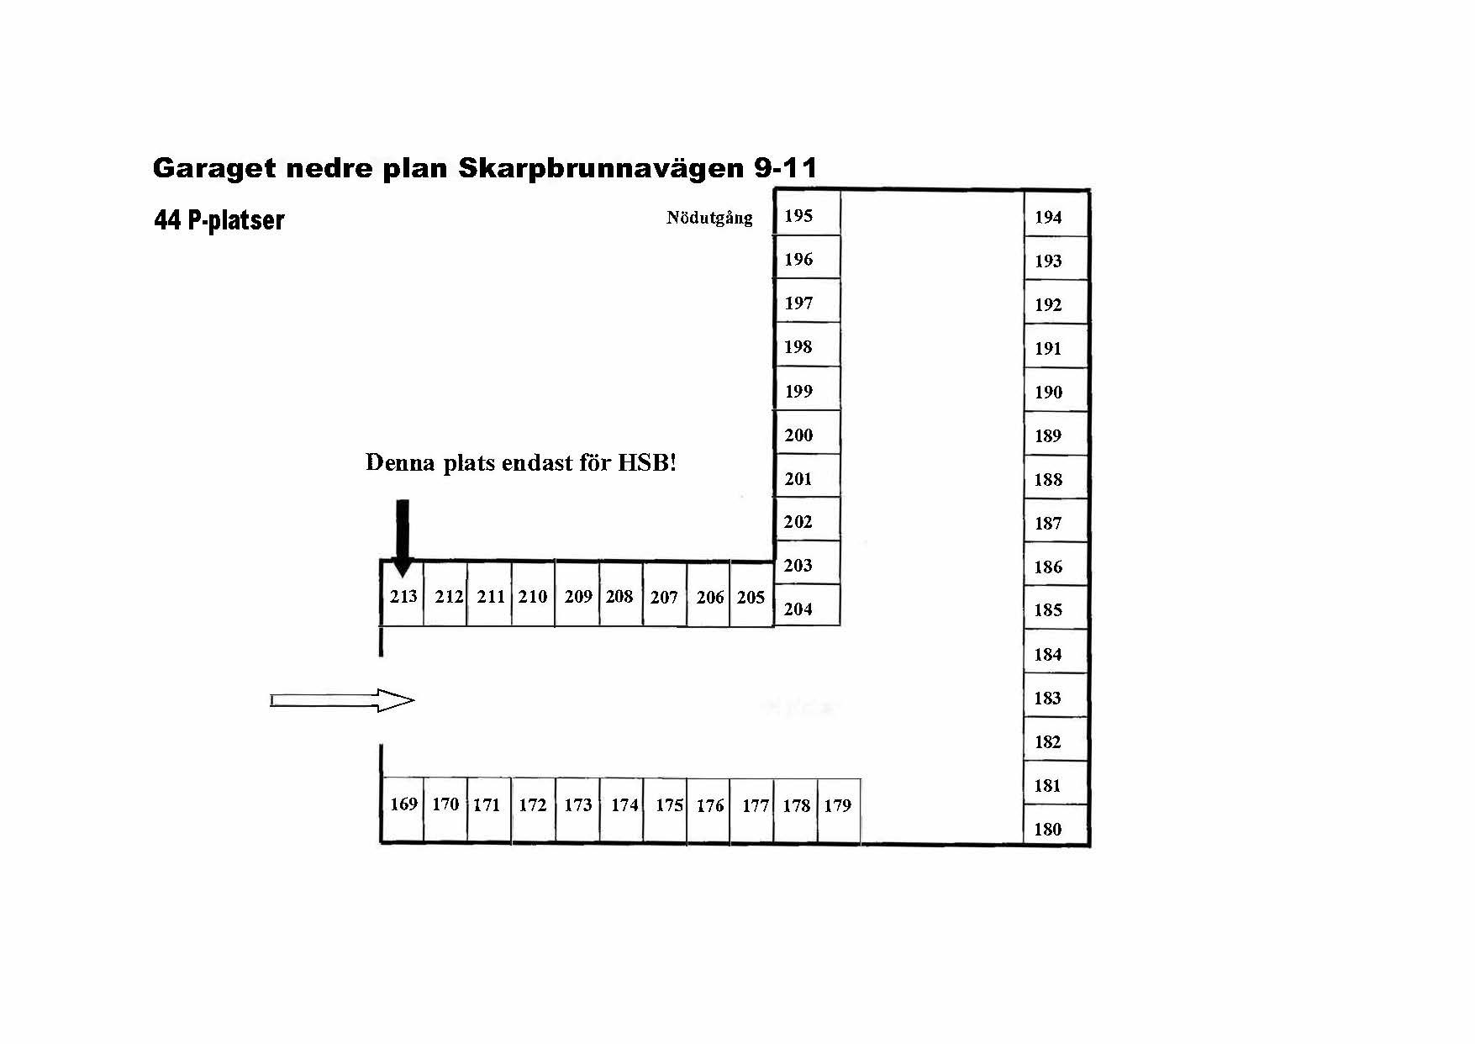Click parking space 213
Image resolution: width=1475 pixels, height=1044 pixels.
(x=403, y=594)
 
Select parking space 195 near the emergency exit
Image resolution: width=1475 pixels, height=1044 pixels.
(x=807, y=214)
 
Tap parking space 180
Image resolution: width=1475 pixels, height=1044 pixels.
(x=1056, y=825)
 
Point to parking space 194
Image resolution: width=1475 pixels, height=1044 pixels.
(x=1056, y=214)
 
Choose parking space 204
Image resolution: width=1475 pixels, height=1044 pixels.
(x=807, y=605)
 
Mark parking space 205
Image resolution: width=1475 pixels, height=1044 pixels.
(x=751, y=594)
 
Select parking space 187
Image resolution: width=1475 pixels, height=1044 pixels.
(x=1056, y=521)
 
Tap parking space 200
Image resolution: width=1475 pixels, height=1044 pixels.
(x=807, y=433)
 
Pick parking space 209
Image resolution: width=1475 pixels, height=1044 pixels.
(x=577, y=594)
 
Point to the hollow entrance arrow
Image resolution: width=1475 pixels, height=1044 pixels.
(x=342, y=700)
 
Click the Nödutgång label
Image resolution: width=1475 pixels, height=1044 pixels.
(x=709, y=218)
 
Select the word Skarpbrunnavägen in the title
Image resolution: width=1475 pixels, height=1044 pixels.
(x=602, y=168)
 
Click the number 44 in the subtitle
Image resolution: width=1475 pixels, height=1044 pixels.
(x=167, y=220)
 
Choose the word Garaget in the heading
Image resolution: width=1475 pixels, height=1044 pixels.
(x=213, y=169)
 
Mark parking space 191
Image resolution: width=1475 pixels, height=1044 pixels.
(x=1056, y=346)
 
